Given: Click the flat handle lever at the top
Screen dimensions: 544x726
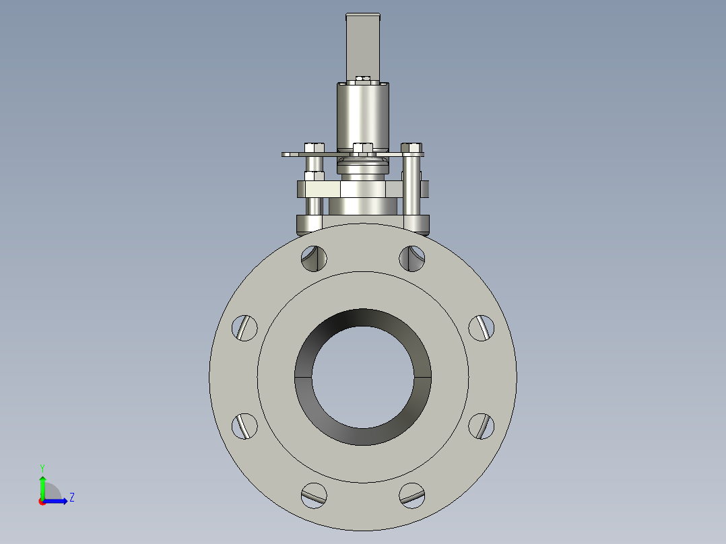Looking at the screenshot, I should pyautogui.click(x=364, y=44).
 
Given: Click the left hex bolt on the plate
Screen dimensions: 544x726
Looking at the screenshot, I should pyautogui.click(x=314, y=147).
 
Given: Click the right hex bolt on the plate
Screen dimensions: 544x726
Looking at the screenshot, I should pyautogui.click(x=411, y=147).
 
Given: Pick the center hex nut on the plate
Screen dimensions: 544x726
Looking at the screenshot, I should pyautogui.click(x=362, y=148).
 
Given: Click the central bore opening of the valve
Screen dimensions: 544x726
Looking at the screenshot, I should pyautogui.click(x=363, y=378).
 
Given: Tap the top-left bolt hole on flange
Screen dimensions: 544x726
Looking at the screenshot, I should pyautogui.click(x=314, y=259).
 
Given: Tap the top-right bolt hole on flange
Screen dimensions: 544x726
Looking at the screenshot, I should pyautogui.click(x=412, y=259).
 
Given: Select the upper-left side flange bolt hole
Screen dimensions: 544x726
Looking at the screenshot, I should pyautogui.click(x=245, y=328).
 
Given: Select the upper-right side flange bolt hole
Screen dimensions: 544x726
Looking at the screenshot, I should pyautogui.click(x=481, y=328).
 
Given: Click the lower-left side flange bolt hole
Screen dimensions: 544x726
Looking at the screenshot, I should pyautogui.click(x=245, y=426).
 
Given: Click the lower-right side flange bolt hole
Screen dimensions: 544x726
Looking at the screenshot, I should pyautogui.click(x=481, y=426).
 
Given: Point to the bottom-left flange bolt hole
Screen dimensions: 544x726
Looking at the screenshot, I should pyautogui.click(x=314, y=496).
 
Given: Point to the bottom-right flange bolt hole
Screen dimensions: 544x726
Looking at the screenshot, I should pyautogui.click(x=412, y=496).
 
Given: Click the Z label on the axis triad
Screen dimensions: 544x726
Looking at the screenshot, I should pyautogui.click(x=71, y=498).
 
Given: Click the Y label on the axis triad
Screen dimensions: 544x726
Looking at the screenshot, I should pyautogui.click(x=42, y=467).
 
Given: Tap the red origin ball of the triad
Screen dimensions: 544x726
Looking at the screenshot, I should pyautogui.click(x=42, y=502).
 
